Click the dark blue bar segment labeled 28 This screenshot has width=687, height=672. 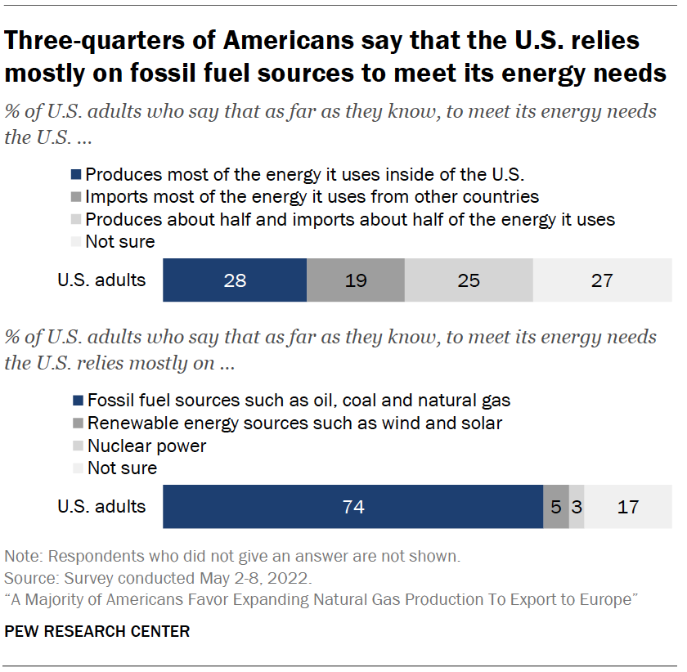(x=235, y=280)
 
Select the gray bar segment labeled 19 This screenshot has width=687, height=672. (x=355, y=280)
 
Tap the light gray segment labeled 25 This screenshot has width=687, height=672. (x=469, y=280)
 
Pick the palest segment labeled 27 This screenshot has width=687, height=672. (x=602, y=280)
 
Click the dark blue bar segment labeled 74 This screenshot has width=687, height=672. (x=353, y=507)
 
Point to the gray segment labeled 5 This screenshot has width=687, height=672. (x=556, y=507)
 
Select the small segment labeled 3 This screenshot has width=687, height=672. (x=577, y=507)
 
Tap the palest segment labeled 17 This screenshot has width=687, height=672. (x=628, y=507)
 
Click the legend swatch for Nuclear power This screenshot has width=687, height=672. (x=78, y=446)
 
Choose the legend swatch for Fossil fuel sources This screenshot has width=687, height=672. (x=78, y=401)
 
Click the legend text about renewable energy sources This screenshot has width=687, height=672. (x=294, y=423)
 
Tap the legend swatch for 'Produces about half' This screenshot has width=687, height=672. (x=78, y=219)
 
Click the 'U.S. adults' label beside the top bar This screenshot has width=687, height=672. (x=101, y=280)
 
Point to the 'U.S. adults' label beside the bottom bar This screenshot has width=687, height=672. (x=101, y=507)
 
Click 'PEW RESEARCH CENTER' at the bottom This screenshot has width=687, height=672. (x=97, y=631)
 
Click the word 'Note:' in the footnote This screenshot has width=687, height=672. (x=25, y=556)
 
